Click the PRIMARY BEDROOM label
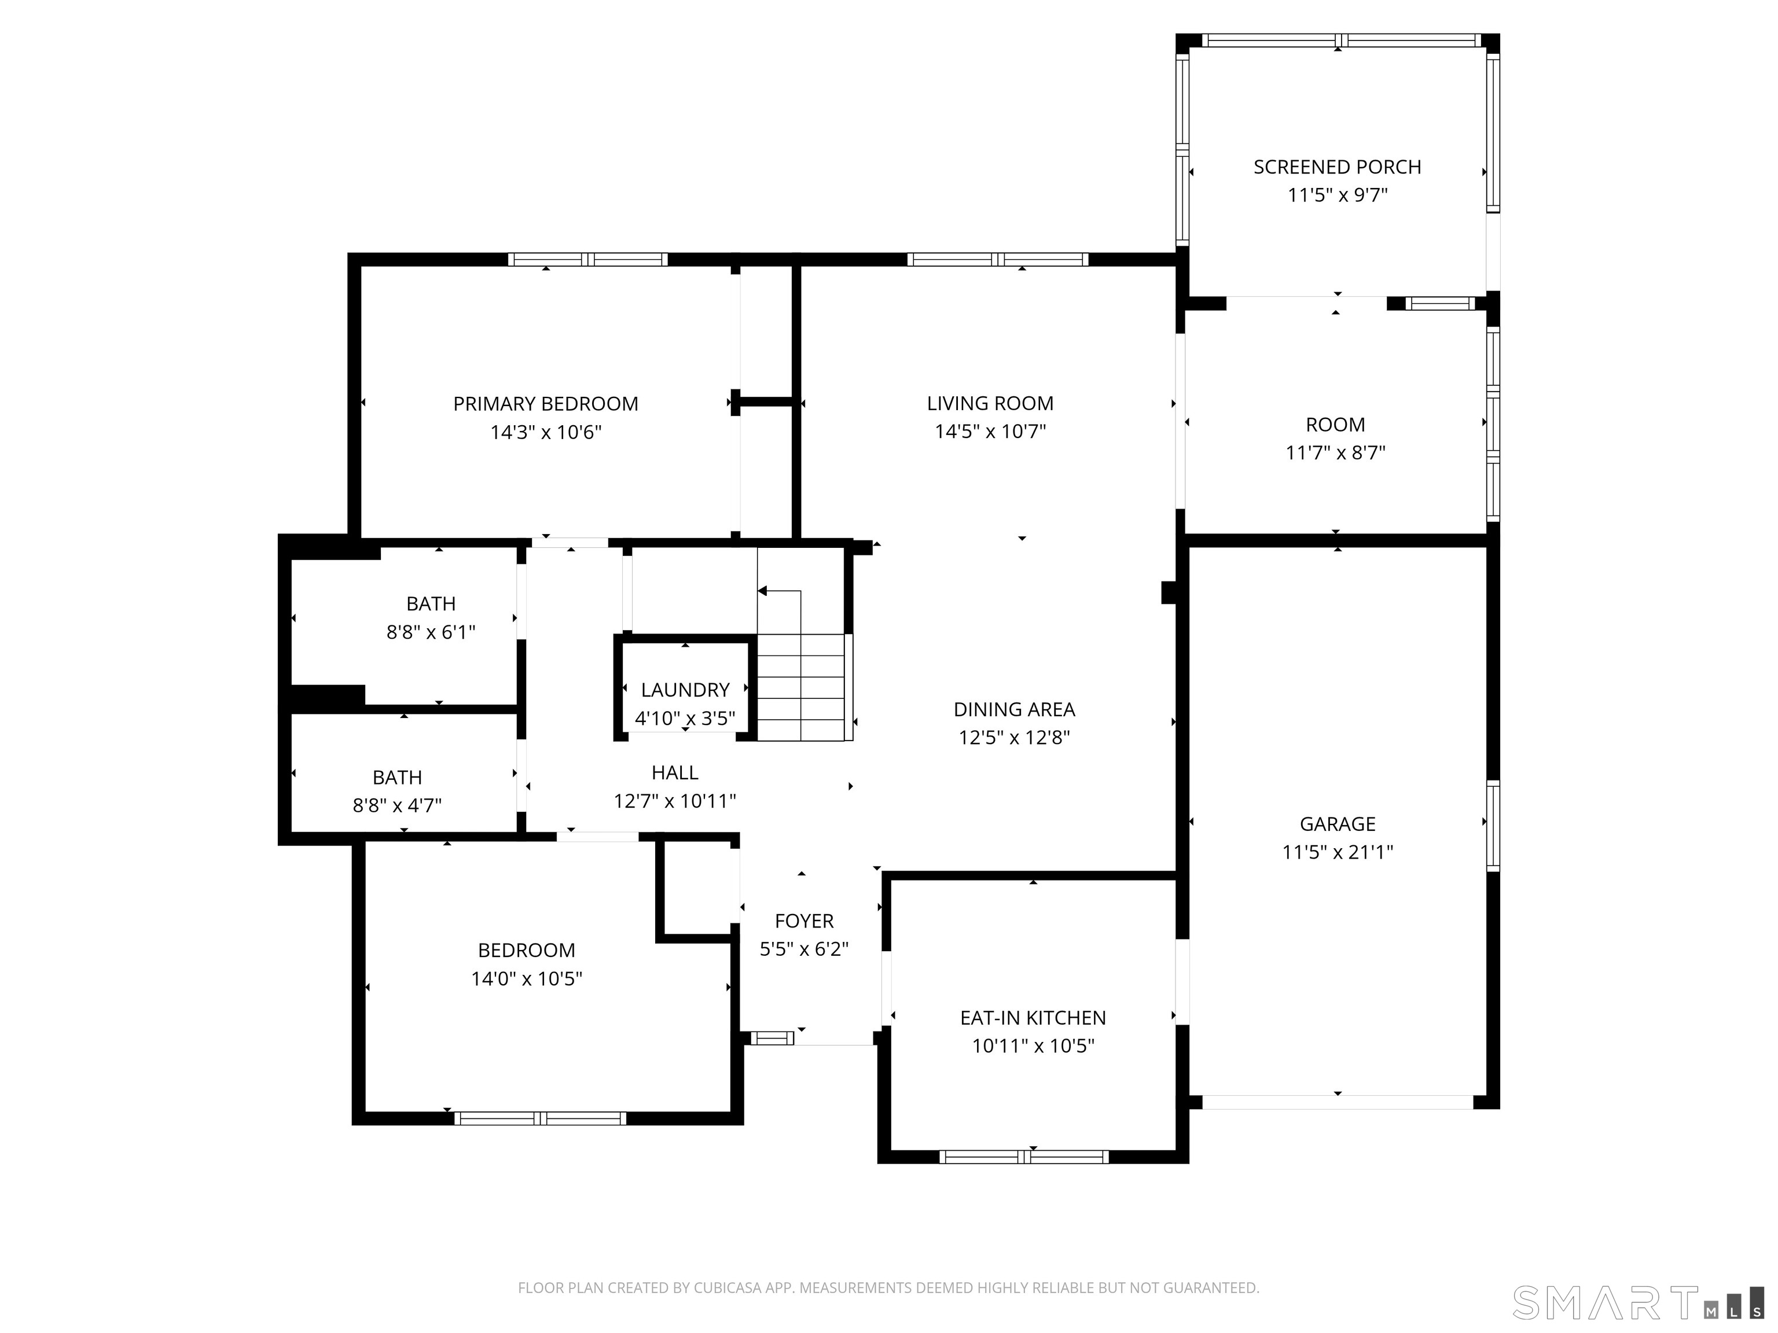(x=545, y=403)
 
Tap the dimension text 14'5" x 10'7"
(x=990, y=432)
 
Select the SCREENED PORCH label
(x=1337, y=167)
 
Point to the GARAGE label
(x=1337, y=824)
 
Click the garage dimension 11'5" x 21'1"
(x=1337, y=852)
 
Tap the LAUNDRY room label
(x=685, y=690)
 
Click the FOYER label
(x=804, y=921)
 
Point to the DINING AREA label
(x=1013, y=709)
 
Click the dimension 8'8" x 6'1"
(x=431, y=632)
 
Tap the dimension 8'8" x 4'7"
(x=397, y=805)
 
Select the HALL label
(x=674, y=772)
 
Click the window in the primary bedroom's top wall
(x=587, y=260)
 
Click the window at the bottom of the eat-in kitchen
(x=1023, y=1157)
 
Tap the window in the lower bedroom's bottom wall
(x=539, y=1118)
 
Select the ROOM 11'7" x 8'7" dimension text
(x=1335, y=453)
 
